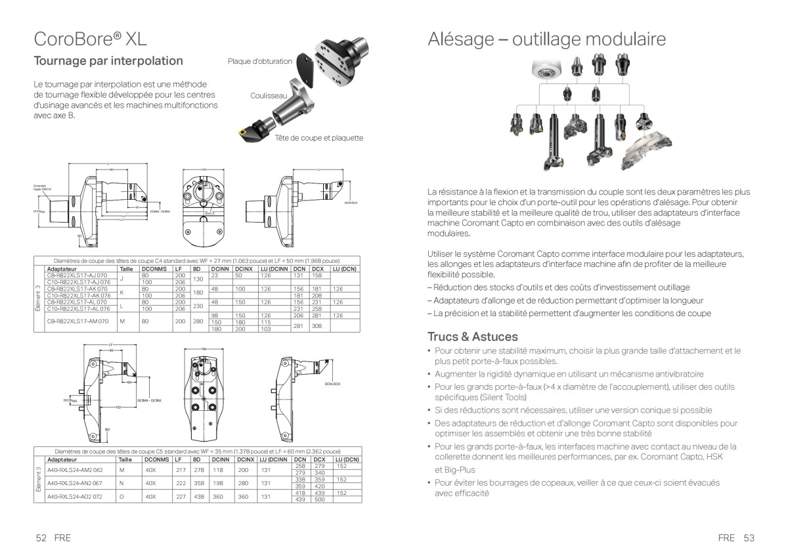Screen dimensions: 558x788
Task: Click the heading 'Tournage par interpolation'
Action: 108,61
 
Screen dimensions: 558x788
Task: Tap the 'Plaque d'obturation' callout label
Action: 259,61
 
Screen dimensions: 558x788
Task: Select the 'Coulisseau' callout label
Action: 269,96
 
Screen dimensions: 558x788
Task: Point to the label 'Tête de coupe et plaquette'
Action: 318,138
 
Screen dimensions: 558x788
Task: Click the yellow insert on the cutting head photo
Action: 242,133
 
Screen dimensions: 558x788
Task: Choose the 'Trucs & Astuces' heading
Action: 473,337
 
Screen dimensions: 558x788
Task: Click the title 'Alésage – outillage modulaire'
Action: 546,39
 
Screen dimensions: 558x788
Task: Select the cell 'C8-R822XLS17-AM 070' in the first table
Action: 77,321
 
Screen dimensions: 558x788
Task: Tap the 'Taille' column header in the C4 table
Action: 126,269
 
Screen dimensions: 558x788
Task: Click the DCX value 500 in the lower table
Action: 320,500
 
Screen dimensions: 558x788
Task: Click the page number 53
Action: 749,538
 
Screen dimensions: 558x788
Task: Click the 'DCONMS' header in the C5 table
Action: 155,459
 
